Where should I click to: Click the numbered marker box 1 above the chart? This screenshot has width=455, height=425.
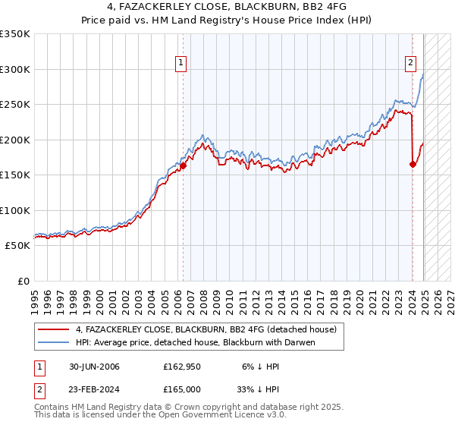[182, 63]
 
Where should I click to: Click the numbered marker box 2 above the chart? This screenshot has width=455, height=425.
[410, 63]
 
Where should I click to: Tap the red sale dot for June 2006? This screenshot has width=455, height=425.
[183, 166]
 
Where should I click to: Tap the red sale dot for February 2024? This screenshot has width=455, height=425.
[413, 164]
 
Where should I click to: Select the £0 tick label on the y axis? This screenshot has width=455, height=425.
[23, 281]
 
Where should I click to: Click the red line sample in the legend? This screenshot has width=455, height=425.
[53, 329]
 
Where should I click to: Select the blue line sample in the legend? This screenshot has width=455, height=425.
[53, 342]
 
